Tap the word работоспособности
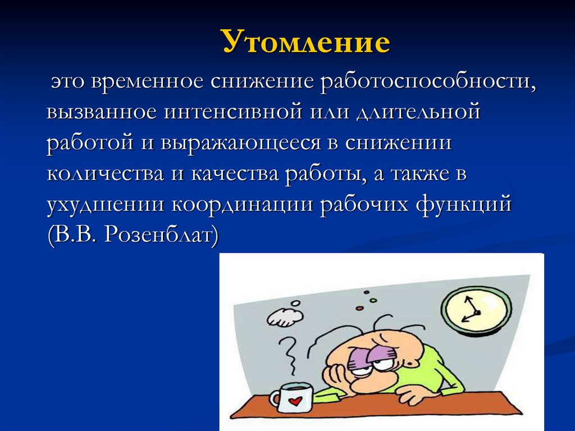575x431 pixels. [x=427, y=82]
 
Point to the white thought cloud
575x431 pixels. [x=285, y=316]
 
